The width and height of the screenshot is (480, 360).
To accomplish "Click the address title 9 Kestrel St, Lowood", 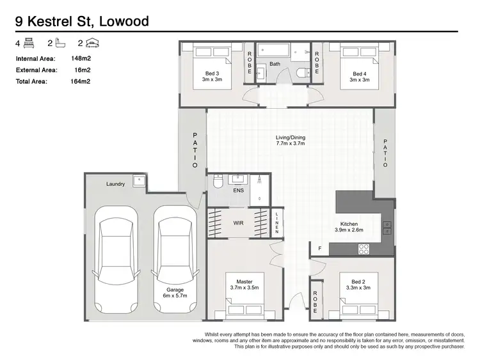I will pos(82,21).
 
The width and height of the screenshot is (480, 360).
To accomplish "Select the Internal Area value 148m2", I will pos(79,59).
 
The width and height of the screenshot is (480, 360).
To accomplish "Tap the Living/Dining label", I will pos(290,140).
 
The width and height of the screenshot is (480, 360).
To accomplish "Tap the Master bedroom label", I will pos(244,285).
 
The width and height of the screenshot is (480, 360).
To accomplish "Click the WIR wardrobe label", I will pos(237,224).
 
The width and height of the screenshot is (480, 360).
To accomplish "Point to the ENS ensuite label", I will pos(239,190).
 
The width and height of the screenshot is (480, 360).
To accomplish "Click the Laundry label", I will pos(115,184).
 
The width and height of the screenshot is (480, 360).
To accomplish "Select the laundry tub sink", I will pos(139,182).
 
